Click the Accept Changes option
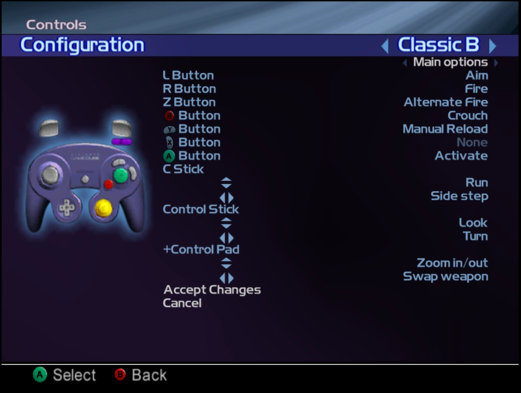[212, 290]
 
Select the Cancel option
[182, 303]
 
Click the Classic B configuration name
[438, 45]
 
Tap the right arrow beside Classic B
[492, 46]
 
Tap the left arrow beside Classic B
[385, 46]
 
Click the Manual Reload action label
[445, 129]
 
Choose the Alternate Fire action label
[445, 102]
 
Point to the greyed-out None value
[472, 142]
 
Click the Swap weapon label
[445, 277]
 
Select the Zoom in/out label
[452, 263]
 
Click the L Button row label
[188, 76]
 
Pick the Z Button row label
[189, 102]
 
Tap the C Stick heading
[183, 169]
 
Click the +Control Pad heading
[201, 249]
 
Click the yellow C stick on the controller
[104, 207]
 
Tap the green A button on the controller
[121, 175]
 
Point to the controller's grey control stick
[50, 175]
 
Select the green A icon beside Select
[40, 375]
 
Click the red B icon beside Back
[120, 375]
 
